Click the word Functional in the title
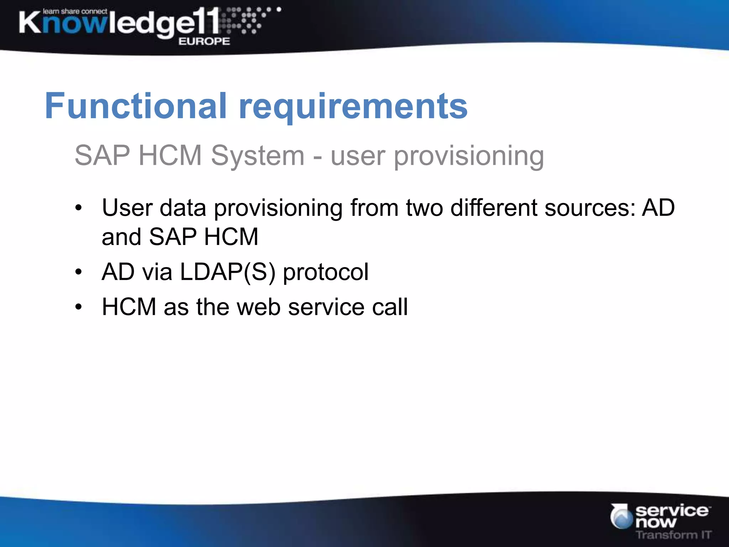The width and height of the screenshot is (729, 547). pyautogui.click(x=135, y=106)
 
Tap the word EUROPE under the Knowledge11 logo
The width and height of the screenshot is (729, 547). pyautogui.click(x=204, y=41)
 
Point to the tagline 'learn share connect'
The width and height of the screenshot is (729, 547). pyautogui.click(x=75, y=11)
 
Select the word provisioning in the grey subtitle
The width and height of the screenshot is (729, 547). pyautogui.click(x=469, y=156)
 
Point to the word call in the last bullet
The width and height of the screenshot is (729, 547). pyautogui.click(x=390, y=307)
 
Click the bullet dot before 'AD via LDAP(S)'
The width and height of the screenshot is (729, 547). pyautogui.click(x=79, y=272)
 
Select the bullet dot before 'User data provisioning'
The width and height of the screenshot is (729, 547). pyautogui.click(x=79, y=208)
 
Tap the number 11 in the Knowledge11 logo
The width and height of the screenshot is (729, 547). pyautogui.click(x=208, y=21)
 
